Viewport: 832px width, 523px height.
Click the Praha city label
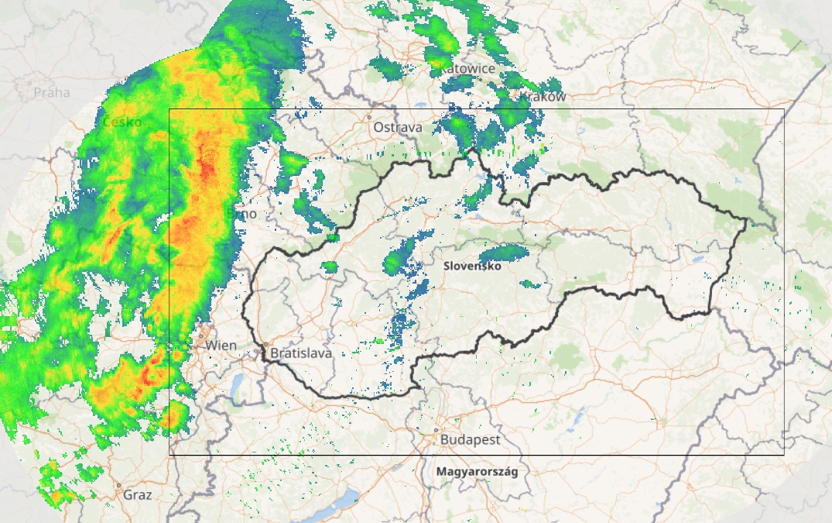click(52, 93)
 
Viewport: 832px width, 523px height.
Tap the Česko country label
click(122, 122)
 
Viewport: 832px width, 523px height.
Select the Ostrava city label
click(398, 127)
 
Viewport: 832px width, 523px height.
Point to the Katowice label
click(467, 69)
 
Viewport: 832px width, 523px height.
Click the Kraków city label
click(543, 97)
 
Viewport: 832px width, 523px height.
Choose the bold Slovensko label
click(472, 266)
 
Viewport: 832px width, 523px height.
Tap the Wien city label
click(221, 345)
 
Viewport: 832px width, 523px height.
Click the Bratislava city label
click(301, 353)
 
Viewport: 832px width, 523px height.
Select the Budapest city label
click(470, 439)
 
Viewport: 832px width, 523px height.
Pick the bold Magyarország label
click(477, 471)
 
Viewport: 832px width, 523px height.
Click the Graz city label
click(137, 494)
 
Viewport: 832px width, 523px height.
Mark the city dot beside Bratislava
click(265, 345)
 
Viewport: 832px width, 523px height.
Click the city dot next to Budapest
click(437, 430)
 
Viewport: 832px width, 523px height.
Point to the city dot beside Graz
click(118, 486)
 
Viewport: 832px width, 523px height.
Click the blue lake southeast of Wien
click(237, 383)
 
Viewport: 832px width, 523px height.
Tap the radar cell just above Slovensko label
click(503, 253)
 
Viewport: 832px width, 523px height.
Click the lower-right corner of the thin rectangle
click(784, 454)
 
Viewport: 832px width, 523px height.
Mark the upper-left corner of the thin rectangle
click(169, 109)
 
